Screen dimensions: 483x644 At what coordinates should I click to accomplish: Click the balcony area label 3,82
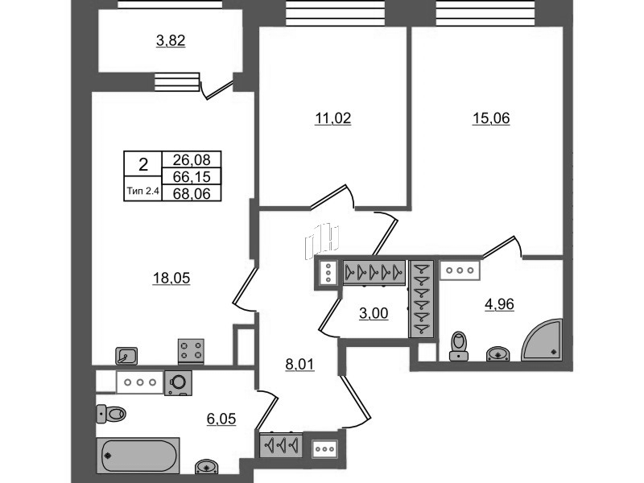(x=170, y=41)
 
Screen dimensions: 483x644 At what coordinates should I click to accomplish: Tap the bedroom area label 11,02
(x=333, y=118)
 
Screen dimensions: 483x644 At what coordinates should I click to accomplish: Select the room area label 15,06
(x=491, y=118)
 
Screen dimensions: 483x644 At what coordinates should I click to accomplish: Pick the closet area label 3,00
(x=373, y=313)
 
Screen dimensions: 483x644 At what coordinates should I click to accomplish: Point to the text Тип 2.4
(x=143, y=192)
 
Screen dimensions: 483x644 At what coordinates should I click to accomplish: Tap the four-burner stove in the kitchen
(x=192, y=352)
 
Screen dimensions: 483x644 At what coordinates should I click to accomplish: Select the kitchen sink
(x=126, y=353)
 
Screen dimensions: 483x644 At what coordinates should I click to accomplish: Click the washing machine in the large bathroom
(x=179, y=383)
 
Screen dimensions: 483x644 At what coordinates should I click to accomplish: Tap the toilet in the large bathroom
(x=111, y=414)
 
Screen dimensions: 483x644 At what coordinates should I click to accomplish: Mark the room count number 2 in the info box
(x=143, y=166)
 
